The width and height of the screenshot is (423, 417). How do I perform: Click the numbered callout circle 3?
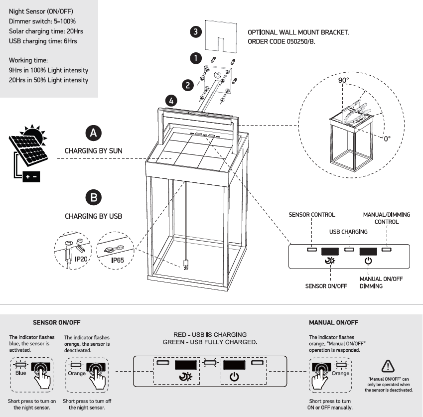click(x=196, y=32)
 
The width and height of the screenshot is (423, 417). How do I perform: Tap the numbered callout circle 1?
click(x=196, y=58)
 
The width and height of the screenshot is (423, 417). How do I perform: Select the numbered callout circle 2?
click(x=187, y=85)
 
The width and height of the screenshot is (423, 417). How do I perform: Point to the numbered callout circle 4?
click(x=171, y=101)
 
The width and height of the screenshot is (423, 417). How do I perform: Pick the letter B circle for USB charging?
click(x=93, y=197)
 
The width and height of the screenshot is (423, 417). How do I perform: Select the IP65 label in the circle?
click(x=118, y=260)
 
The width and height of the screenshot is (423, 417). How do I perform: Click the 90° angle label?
click(x=344, y=80)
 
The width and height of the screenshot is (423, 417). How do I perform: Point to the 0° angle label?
click(x=387, y=138)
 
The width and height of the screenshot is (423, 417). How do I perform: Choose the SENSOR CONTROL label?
click(x=312, y=215)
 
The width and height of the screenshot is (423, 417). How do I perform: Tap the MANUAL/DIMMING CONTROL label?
click(x=387, y=218)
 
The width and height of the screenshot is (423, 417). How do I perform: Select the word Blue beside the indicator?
click(x=20, y=373)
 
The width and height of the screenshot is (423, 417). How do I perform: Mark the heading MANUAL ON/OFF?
click(x=333, y=322)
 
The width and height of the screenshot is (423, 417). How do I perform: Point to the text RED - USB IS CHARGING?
click(x=209, y=334)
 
